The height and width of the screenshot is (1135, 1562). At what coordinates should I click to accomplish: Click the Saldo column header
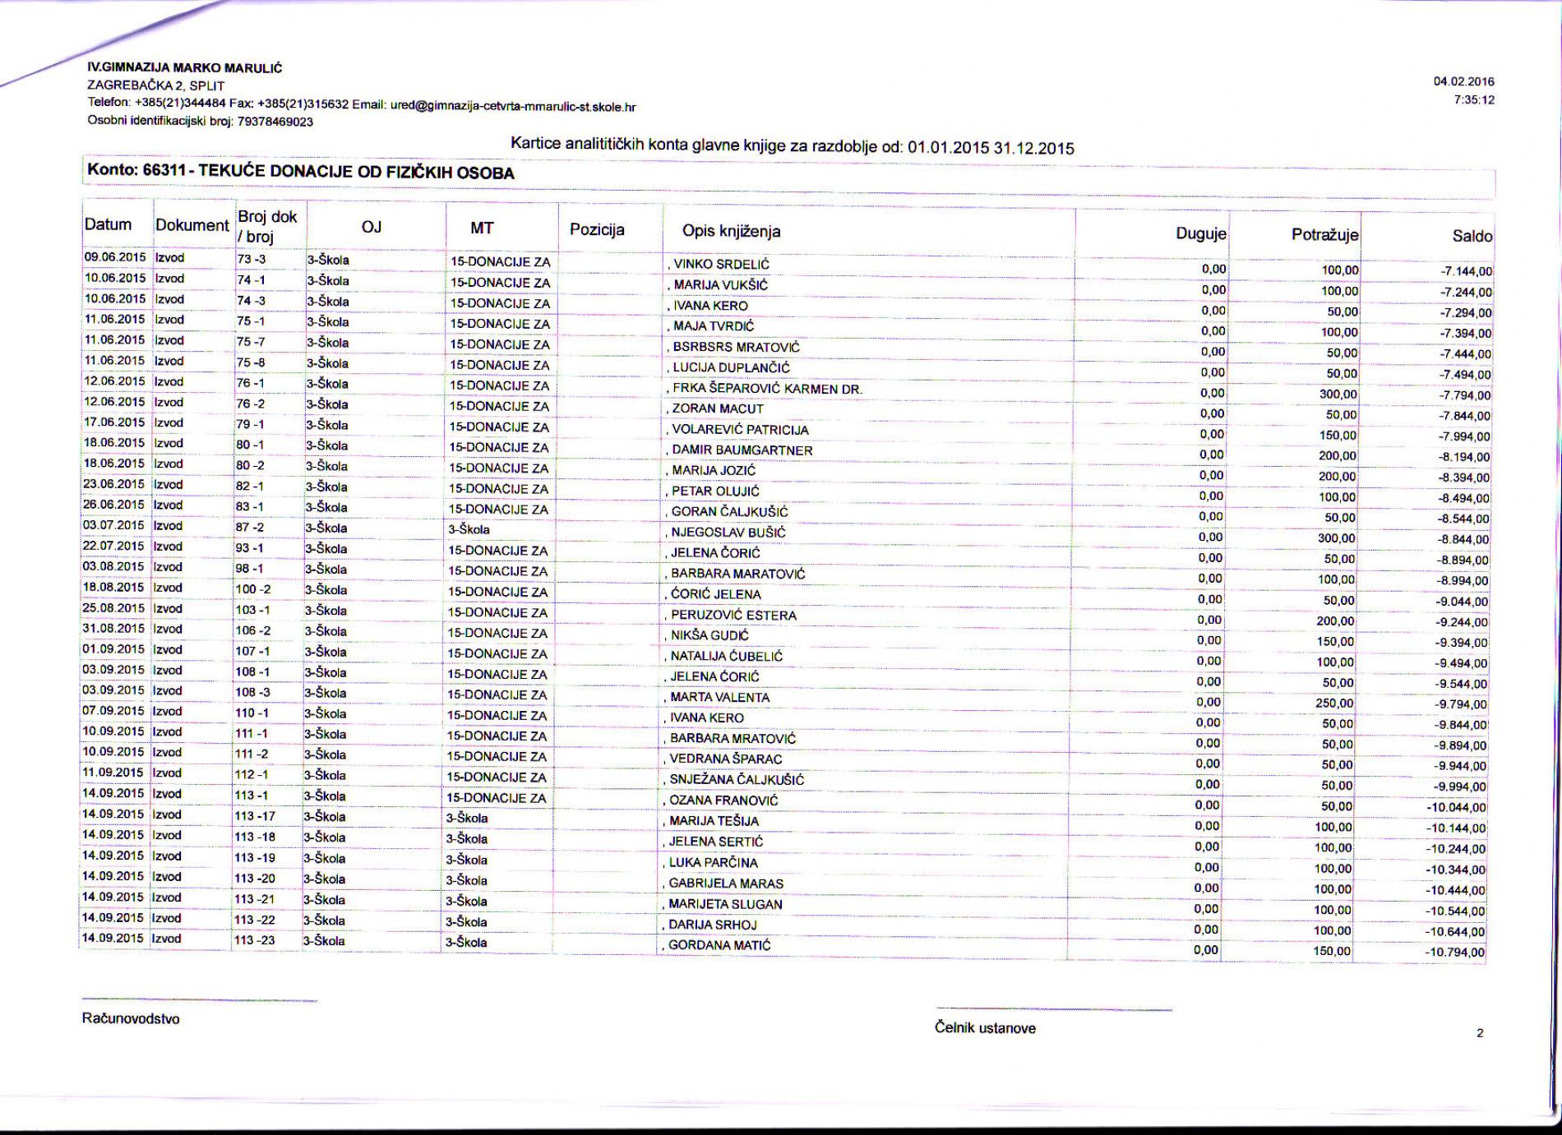pos(1472,236)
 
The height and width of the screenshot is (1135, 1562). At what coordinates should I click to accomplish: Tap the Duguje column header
pos(1201,233)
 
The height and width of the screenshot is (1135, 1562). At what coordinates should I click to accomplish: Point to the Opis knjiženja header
pos(731,231)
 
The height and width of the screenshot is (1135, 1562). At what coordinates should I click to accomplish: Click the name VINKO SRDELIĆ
pos(721,265)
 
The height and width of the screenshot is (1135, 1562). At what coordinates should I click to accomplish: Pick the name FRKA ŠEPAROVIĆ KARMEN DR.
pos(766,389)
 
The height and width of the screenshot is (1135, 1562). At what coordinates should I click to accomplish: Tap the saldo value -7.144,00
pos(1465,271)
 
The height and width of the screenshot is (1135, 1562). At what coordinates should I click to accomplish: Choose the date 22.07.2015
pos(114,547)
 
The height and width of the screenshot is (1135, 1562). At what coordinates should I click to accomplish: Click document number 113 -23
pos(255,939)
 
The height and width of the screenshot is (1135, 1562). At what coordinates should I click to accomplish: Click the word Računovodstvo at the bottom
pos(131,1019)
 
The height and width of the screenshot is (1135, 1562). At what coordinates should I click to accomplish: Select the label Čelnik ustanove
pos(985,1028)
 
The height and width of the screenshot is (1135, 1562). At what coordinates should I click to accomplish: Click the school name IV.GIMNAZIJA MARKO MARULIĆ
pos(185,68)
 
